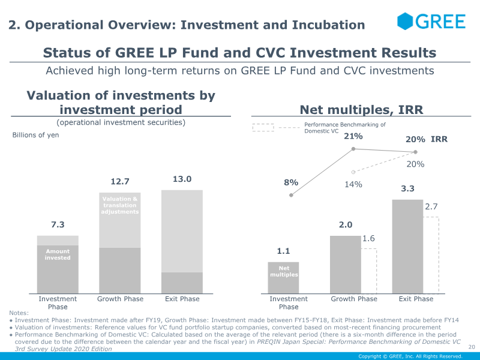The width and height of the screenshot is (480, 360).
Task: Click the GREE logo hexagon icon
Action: [x=405, y=22]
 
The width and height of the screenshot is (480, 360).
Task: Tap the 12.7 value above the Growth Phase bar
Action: [x=119, y=182]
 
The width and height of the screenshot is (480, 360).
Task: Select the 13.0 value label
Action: [x=182, y=179]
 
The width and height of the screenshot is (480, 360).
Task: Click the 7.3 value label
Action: [x=58, y=224]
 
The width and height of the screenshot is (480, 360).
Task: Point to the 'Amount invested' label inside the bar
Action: [x=58, y=254]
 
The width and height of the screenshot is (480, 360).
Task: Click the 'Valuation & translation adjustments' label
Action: [x=119, y=205]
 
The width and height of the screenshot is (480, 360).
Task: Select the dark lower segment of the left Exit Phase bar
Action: [x=182, y=283]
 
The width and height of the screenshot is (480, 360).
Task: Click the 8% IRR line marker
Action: [x=291, y=195]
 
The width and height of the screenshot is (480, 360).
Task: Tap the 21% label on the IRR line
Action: [x=353, y=136]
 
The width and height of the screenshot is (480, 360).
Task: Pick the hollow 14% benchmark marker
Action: [x=353, y=172]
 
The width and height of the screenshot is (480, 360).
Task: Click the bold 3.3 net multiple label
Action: [x=407, y=188]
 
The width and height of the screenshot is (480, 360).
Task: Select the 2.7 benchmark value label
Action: [x=431, y=206]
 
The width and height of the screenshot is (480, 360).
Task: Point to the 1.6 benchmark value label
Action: [x=368, y=238]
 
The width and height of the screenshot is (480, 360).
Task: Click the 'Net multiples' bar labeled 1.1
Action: [x=283, y=278]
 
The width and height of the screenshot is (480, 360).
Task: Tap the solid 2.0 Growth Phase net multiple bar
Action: [x=346, y=265]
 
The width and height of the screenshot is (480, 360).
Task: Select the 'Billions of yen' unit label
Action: [x=35, y=135]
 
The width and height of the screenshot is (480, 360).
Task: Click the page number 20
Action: [x=472, y=347]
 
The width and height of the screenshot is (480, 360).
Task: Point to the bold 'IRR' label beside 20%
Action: [x=439, y=139]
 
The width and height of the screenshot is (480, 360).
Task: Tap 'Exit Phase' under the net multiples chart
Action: [x=416, y=299]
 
